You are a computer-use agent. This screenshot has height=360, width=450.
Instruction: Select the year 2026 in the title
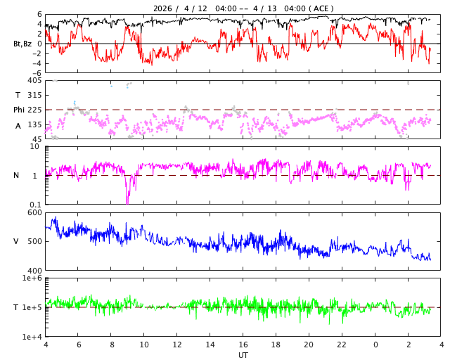click(164, 8)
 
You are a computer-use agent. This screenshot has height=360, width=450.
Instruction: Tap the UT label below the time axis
click(243, 355)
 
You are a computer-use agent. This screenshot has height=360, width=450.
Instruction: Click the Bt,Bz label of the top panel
click(22, 44)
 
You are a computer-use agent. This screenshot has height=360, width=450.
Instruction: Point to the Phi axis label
click(20, 110)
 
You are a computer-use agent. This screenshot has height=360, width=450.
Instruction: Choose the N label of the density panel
click(17, 175)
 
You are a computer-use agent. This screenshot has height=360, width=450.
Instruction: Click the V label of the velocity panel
click(17, 241)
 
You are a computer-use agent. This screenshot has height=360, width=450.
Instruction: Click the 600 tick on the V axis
click(34, 212)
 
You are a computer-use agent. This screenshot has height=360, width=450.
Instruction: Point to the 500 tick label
click(34, 241)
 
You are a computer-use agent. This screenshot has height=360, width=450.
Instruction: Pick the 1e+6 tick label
click(32, 278)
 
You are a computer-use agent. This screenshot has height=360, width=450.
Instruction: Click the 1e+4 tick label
click(32, 337)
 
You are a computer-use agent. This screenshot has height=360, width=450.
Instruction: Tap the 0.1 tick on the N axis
click(34, 205)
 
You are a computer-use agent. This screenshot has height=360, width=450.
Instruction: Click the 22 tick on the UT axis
click(342, 345)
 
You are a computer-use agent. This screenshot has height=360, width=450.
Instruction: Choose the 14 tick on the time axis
click(210, 345)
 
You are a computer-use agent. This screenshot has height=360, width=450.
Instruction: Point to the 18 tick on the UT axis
click(276, 345)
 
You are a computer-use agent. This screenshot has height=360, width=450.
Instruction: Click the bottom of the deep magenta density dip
click(127, 203)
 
